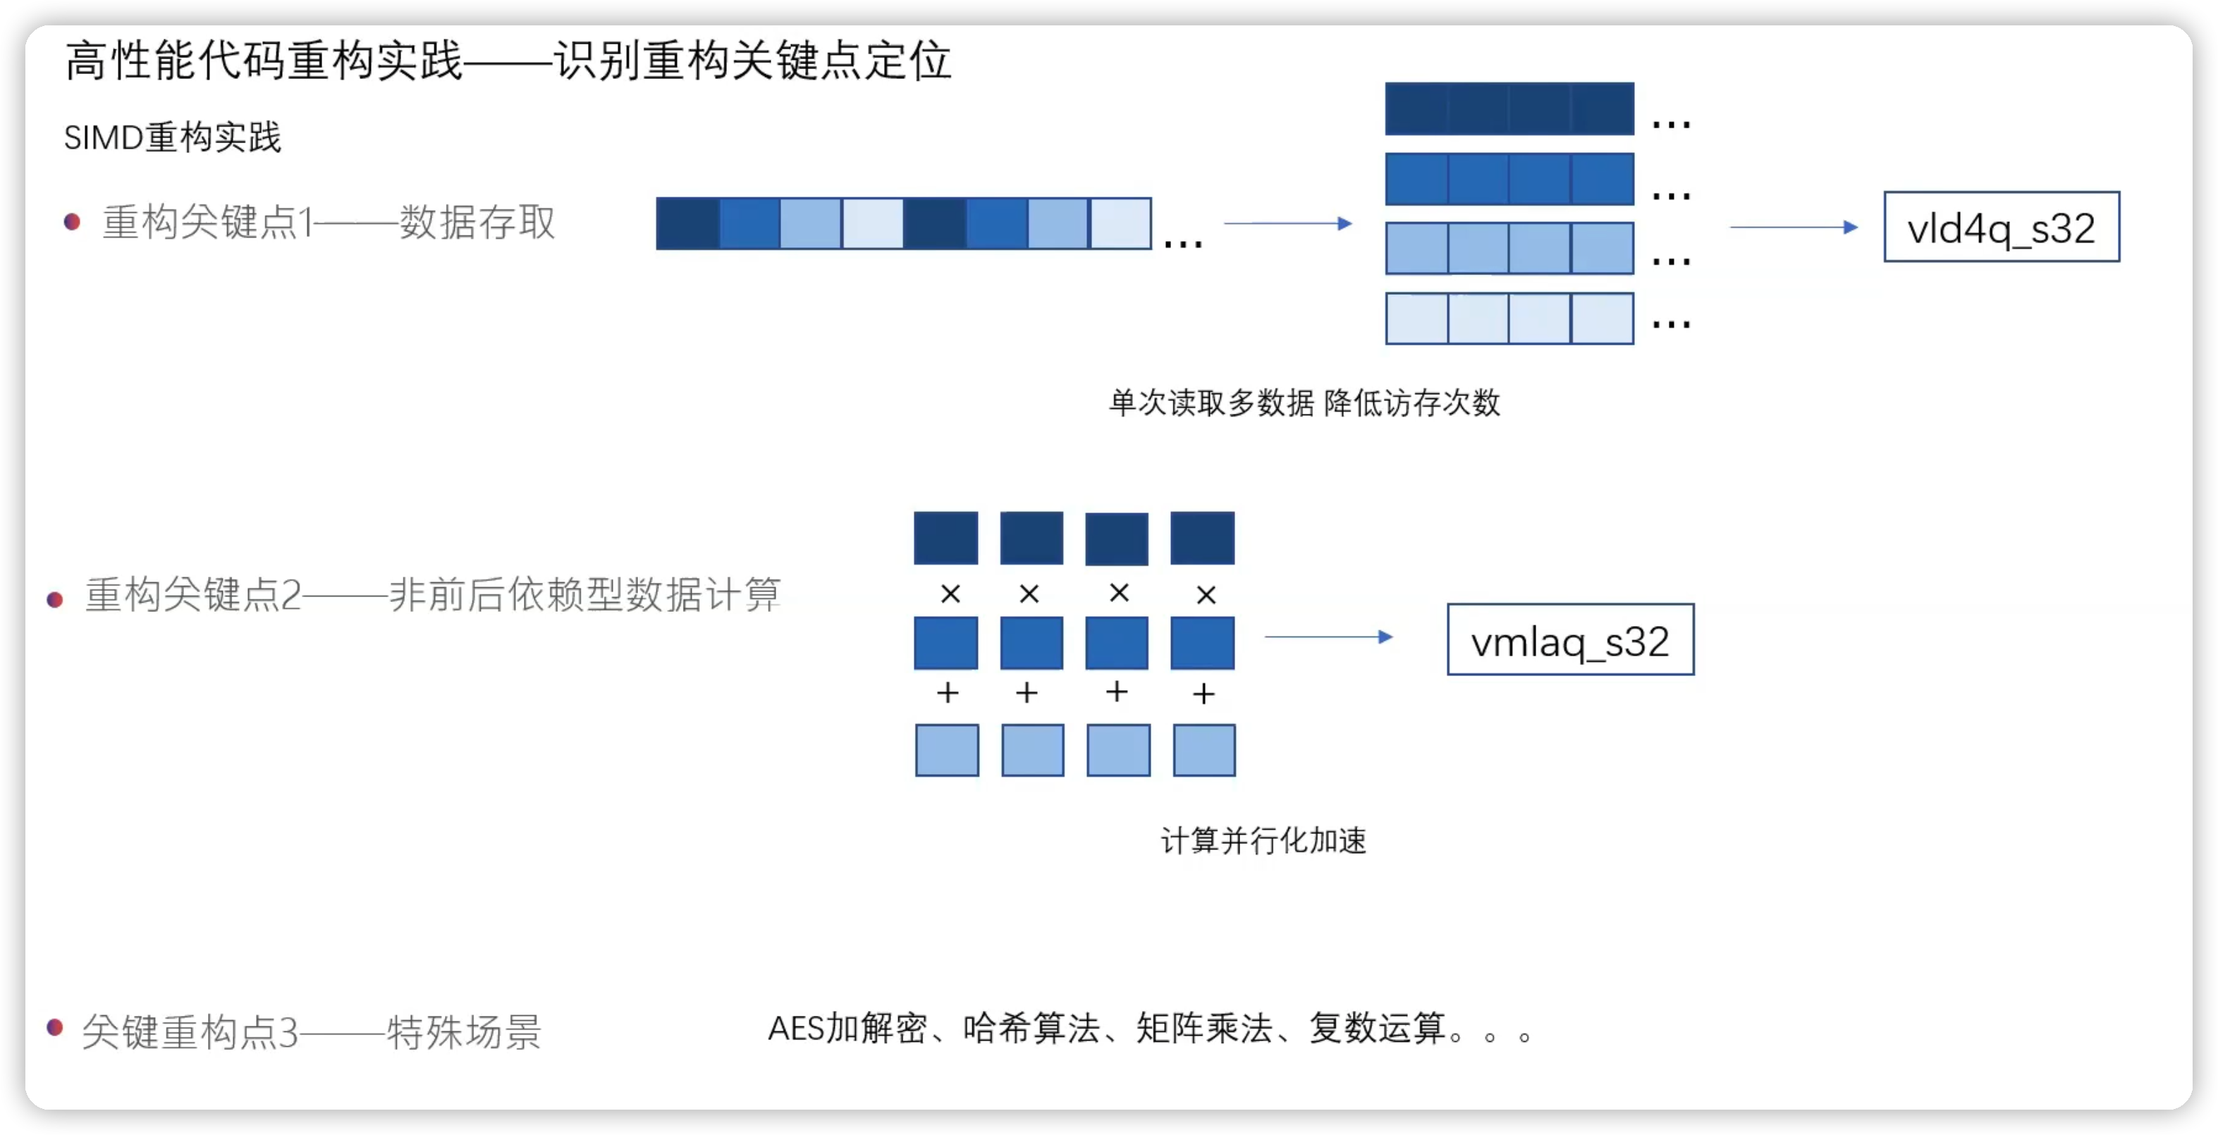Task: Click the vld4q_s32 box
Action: click(2001, 227)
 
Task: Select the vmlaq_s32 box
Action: click(1569, 640)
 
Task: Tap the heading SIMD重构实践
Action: click(172, 137)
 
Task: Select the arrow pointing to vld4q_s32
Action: click(1794, 227)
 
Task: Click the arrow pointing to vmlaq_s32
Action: click(1328, 637)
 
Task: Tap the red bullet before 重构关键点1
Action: click(73, 222)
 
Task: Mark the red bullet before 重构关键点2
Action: click(55, 599)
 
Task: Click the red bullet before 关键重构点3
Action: click(55, 1026)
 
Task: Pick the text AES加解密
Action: click(847, 1029)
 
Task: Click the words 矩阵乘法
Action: click(1203, 1029)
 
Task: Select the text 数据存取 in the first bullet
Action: click(477, 222)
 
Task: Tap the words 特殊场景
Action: click(463, 1031)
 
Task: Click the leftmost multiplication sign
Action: click(950, 594)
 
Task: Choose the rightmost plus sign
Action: click(1203, 693)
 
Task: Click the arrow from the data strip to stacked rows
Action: click(1288, 224)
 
